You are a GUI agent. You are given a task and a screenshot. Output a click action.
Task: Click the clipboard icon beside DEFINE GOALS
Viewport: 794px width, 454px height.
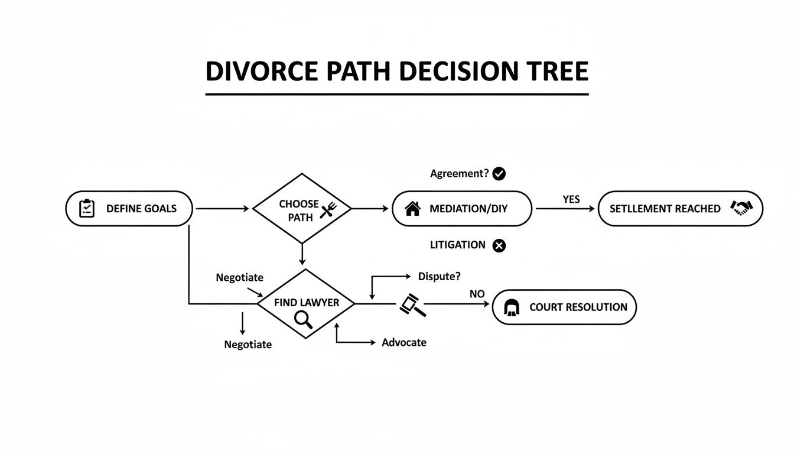coord(87,208)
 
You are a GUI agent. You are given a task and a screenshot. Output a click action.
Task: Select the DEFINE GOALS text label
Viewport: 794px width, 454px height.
coord(141,209)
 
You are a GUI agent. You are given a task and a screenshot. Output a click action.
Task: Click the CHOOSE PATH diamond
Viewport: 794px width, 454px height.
coord(302,209)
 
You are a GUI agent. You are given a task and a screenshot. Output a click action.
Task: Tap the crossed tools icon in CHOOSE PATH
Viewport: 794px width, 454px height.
coord(327,210)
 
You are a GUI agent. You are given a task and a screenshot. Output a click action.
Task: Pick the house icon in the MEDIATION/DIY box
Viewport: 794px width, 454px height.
coord(412,208)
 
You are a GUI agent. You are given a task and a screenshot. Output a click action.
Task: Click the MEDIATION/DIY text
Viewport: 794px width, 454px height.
coord(468,209)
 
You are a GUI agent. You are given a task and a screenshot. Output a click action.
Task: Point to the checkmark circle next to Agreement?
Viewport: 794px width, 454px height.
coord(499,174)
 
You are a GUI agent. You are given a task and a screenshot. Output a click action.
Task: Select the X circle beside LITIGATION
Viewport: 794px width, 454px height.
coord(499,245)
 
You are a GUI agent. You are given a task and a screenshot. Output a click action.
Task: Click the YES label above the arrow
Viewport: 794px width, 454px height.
coord(571,200)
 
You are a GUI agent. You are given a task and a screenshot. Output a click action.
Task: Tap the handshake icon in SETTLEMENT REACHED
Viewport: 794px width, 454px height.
coord(741,208)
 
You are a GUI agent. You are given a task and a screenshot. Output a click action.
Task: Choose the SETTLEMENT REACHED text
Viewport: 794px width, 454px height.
coord(665,209)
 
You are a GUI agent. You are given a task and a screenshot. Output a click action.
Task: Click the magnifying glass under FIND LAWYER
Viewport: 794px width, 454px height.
coord(303,319)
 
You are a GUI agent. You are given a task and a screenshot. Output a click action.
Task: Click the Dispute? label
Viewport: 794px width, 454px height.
coord(440,276)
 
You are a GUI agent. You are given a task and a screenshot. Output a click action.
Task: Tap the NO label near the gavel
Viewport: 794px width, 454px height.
coord(477,294)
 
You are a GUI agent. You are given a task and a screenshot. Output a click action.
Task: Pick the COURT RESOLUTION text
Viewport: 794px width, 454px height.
coord(578,307)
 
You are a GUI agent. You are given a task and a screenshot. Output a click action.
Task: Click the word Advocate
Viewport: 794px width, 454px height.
coord(404,342)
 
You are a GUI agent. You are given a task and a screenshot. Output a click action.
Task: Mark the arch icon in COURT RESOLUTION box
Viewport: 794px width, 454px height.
coord(511,307)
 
